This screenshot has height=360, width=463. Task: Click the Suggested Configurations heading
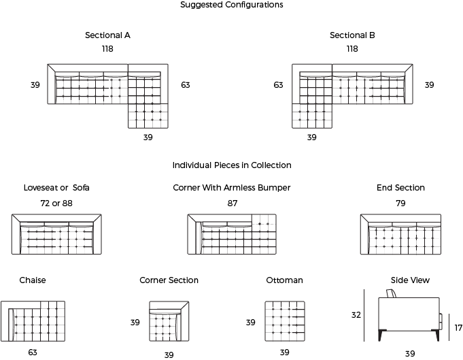(x=231, y=5)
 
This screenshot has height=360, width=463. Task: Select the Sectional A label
(x=107, y=35)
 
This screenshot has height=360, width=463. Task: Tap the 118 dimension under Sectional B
(x=352, y=49)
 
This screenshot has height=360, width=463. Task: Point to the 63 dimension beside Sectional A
(x=186, y=85)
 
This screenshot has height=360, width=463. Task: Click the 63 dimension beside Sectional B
(x=278, y=85)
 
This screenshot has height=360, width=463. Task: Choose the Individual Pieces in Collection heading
(x=232, y=165)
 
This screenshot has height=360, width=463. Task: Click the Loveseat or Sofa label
(x=56, y=188)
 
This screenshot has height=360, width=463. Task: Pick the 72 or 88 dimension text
(x=56, y=203)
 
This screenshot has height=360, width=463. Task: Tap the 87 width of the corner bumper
(x=233, y=203)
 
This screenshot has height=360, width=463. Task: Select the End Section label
(x=400, y=188)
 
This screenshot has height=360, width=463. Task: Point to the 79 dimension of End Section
(x=400, y=203)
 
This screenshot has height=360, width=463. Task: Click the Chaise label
(x=33, y=280)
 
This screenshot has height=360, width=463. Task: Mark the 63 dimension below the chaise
(x=33, y=353)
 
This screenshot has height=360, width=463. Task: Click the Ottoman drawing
(x=285, y=321)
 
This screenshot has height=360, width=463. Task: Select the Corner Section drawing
(x=169, y=321)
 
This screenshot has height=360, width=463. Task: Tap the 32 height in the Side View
(x=356, y=315)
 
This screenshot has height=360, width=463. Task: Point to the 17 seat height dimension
(x=458, y=328)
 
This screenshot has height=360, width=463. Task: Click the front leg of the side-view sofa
(x=436, y=336)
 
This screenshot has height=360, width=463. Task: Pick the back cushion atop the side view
(x=391, y=293)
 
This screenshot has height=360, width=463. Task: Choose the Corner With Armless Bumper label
(x=232, y=188)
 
